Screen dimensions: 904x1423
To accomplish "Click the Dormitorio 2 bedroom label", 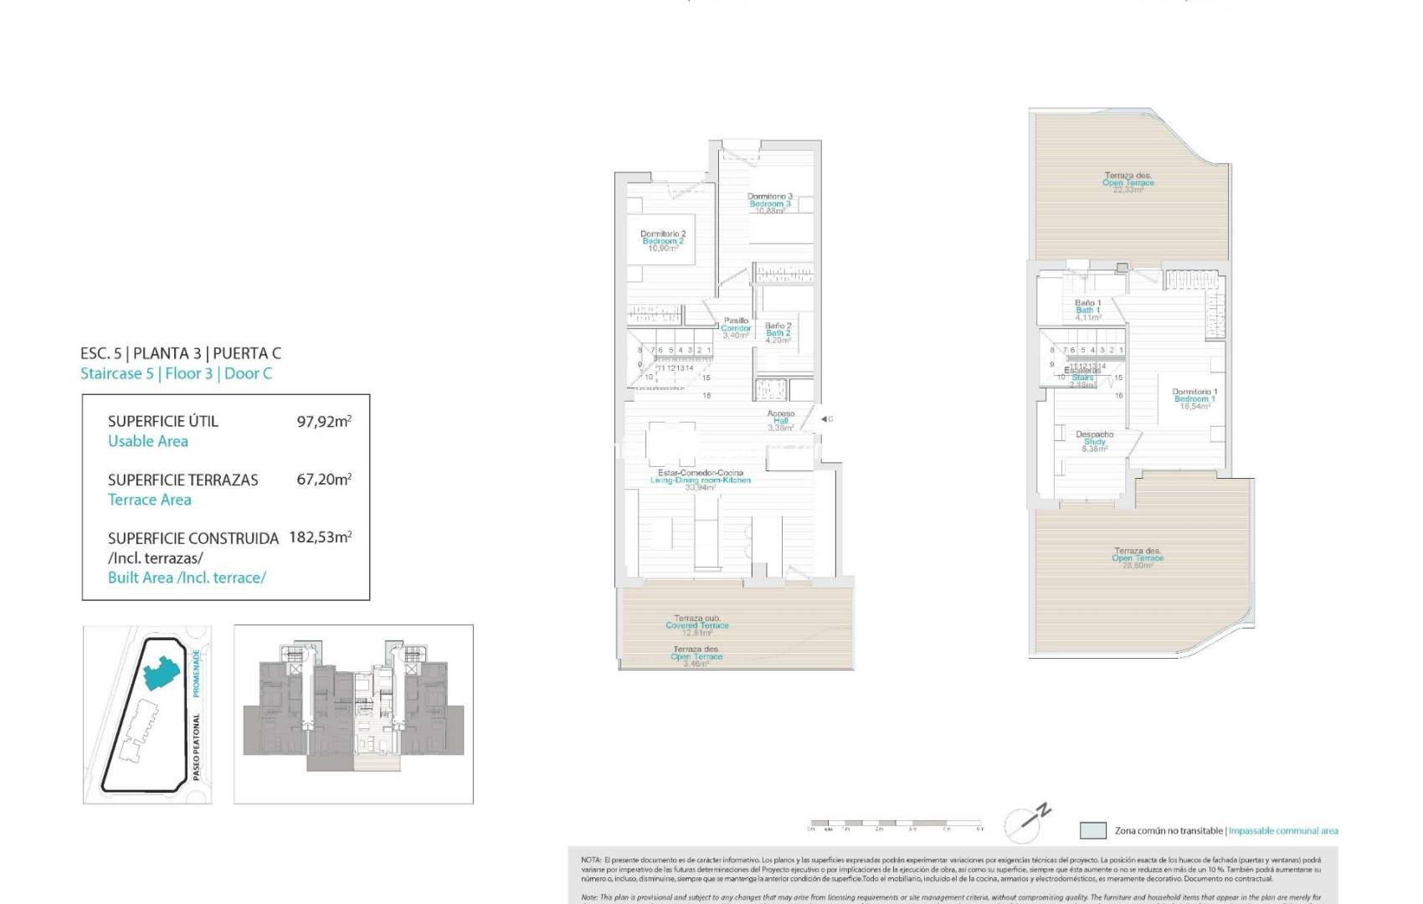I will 662,241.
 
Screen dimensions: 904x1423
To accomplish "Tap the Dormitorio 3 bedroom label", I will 769,203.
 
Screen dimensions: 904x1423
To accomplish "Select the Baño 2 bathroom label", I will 778,333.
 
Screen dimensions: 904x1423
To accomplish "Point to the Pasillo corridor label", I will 736,327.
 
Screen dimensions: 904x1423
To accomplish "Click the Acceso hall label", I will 780,420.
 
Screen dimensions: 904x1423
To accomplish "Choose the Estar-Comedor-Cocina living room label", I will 700,480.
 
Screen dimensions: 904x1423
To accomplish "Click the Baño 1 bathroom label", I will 1087,310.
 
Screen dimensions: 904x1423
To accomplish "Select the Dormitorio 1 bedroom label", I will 1194,398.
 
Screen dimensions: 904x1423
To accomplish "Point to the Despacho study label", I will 1094,441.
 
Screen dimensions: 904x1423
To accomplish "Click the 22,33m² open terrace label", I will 1128,182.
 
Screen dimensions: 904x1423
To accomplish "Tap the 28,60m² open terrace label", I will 1138,558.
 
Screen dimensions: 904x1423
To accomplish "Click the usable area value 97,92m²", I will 323,421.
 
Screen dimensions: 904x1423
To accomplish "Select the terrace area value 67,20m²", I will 323,480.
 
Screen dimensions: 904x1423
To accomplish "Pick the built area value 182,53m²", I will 320,537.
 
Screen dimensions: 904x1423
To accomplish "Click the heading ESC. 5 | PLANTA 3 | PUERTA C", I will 181,353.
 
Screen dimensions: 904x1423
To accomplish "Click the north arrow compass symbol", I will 1027,822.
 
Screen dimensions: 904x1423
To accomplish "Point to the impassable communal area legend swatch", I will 1092,830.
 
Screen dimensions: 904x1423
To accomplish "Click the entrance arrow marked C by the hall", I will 825,419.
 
